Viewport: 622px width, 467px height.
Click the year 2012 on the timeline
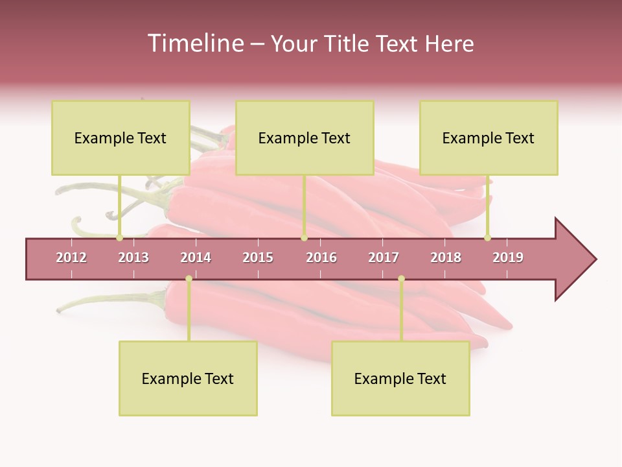[71, 257]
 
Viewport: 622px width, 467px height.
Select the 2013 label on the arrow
[133, 257]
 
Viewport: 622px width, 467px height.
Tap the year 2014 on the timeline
[196, 257]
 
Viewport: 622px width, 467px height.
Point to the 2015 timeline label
[258, 257]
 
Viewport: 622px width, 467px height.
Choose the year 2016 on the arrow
[321, 257]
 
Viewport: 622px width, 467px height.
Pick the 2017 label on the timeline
[384, 257]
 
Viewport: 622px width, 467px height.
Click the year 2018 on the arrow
[446, 257]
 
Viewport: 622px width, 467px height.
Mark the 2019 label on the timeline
[508, 257]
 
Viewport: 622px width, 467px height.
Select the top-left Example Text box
[121, 138]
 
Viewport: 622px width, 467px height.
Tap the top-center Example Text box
[305, 138]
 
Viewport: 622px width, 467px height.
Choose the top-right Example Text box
[489, 138]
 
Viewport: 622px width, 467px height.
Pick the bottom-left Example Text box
[188, 378]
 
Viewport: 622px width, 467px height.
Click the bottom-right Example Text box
[400, 378]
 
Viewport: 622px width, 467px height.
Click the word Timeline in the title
[195, 43]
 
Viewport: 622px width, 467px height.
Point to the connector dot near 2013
[120, 238]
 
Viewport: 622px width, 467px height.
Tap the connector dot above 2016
[304, 238]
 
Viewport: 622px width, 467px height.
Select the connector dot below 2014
[189, 279]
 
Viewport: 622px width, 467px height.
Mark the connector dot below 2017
[401, 279]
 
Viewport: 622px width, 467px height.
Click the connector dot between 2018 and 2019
[487, 238]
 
